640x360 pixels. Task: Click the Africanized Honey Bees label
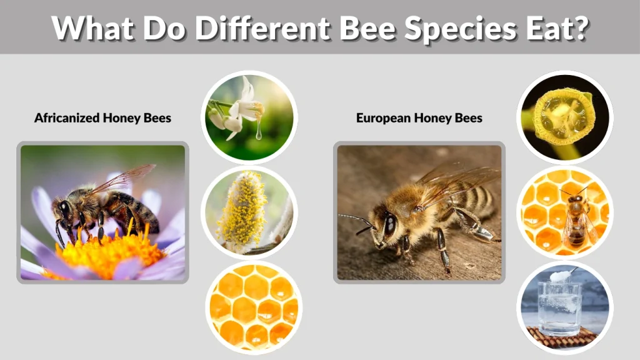coord(102,117)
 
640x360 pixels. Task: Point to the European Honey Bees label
coord(419,117)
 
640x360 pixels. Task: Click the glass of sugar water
coord(559,309)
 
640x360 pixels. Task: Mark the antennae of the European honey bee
coord(357,222)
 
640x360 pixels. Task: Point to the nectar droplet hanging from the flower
coord(259,134)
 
